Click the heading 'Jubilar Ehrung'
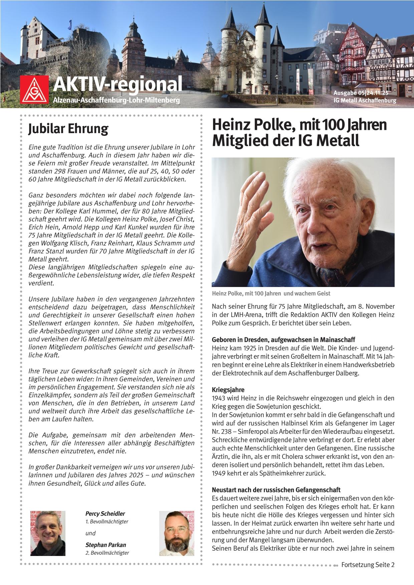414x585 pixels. tap(68, 129)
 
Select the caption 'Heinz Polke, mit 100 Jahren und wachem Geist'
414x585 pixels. tap(271, 293)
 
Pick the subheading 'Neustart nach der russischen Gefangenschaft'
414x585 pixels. tap(276, 490)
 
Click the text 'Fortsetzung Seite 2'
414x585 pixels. tap(368, 565)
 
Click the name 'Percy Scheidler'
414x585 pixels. tap(105, 514)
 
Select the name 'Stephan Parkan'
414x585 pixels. tap(106, 545)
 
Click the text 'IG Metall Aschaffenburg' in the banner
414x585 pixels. tap(365, 100)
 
